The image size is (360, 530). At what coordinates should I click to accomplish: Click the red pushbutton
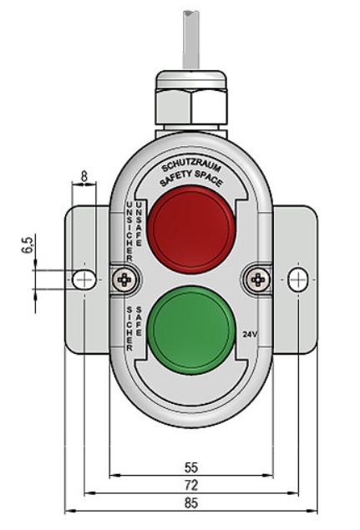point(191,230)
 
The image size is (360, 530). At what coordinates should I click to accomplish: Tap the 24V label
point(250,335)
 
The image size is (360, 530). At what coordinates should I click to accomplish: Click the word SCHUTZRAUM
point(191,167)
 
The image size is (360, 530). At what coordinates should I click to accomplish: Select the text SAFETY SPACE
point(191,179)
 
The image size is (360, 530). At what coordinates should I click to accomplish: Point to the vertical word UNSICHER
point(129,232)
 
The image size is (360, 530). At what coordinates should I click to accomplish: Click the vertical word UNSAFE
point(139,224)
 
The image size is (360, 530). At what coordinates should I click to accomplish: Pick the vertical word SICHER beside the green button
point(129,329)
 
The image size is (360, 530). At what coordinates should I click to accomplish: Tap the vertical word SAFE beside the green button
point(139,321)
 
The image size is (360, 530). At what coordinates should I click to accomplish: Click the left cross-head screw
point(125,280)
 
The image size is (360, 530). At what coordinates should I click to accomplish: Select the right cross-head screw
point(258,280)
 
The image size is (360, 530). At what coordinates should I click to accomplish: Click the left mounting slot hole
point(84,280)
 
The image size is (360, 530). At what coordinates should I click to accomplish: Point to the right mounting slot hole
point(298,280)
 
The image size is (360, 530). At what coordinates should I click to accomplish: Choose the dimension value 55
point(191,467)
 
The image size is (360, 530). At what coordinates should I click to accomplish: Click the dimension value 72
point(191,486)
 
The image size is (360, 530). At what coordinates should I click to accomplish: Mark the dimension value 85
point(191,503)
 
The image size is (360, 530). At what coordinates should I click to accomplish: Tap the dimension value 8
point(84,176)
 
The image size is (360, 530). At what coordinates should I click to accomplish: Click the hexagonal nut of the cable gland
point(191,108)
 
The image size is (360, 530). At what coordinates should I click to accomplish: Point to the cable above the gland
point(191,40)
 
